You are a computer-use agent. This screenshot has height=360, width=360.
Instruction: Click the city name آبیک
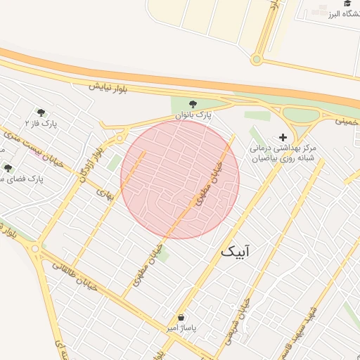[239, 251]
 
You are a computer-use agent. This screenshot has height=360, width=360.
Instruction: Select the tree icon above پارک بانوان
[193, 103]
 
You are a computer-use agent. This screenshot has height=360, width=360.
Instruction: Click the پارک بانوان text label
[193, 114]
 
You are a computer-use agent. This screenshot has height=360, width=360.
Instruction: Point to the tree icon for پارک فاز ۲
[41, 112]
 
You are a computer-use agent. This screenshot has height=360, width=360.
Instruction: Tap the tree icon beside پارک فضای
[8, 168]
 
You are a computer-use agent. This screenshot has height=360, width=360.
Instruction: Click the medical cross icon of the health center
[283, 138]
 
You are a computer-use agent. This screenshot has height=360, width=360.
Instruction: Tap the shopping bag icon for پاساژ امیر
[181, 317]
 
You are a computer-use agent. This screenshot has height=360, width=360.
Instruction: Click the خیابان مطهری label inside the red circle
[209, 183]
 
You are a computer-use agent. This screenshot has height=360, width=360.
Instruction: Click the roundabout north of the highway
[257, 60]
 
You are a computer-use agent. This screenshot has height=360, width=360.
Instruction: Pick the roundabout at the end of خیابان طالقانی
[34, 248]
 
